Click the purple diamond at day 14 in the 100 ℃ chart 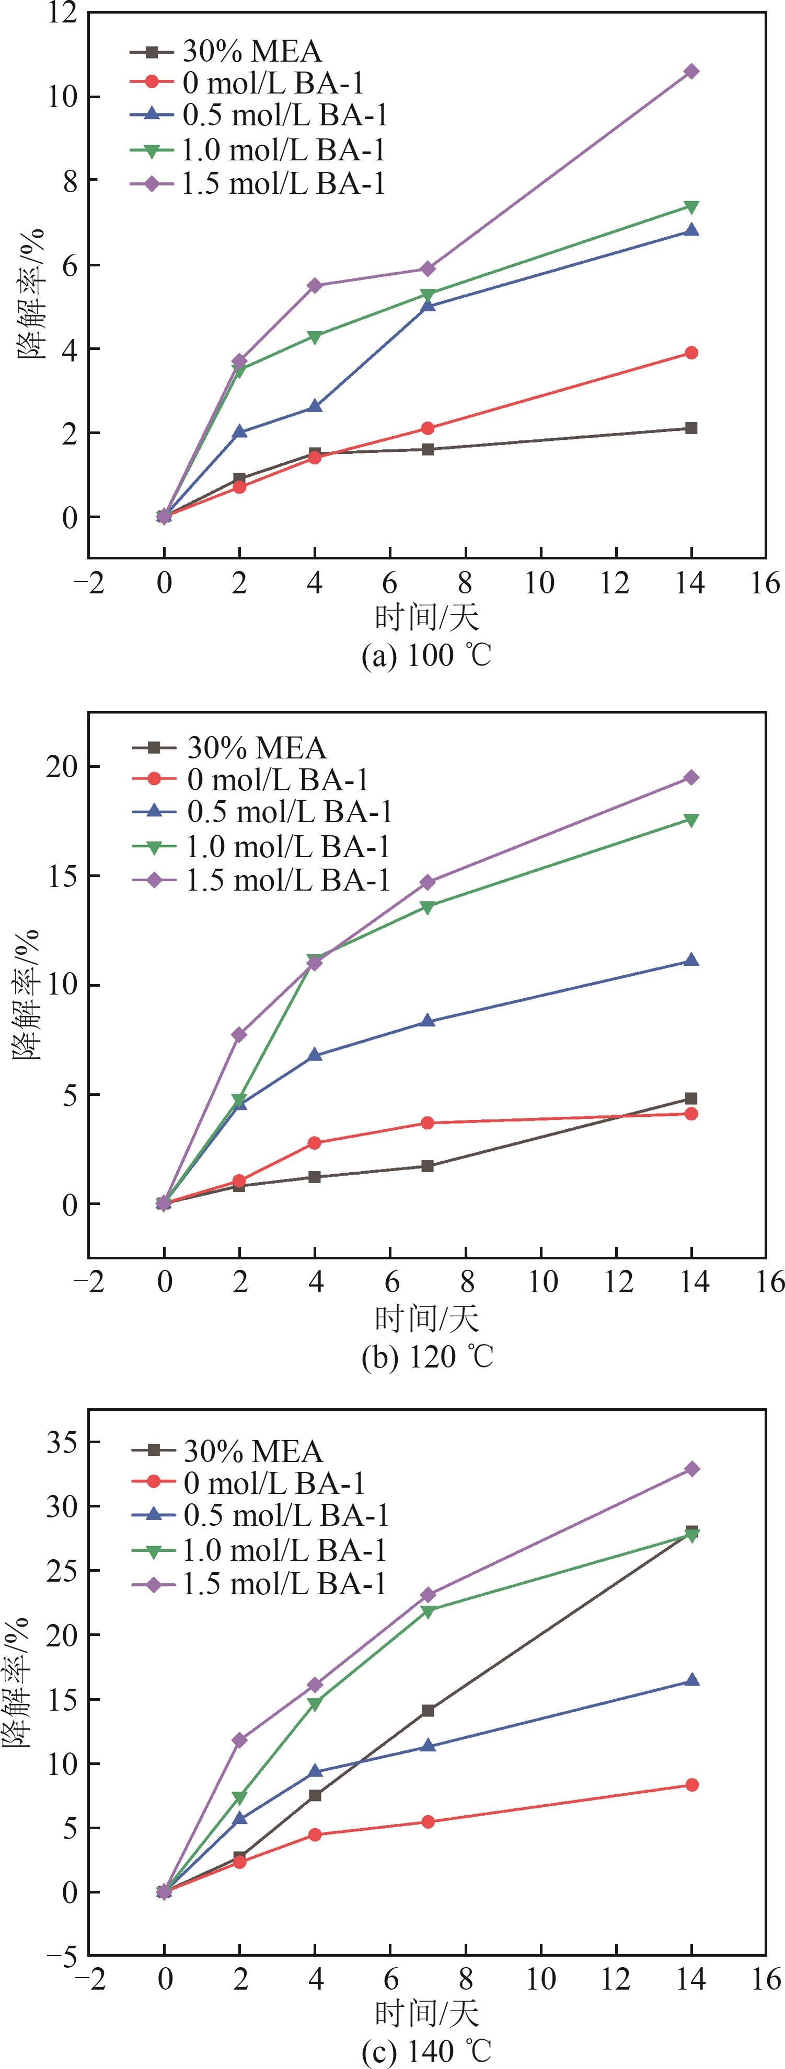pos(691,72)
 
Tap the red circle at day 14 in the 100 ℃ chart pos(691,353)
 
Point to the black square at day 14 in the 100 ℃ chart pos(691,428)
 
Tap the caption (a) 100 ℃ pos(426,656)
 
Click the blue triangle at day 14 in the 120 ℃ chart pos(691,960)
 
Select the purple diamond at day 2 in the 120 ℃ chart pos(239,1034)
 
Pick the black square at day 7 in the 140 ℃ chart pos(428,1711)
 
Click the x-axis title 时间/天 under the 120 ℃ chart pos(426,1318)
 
